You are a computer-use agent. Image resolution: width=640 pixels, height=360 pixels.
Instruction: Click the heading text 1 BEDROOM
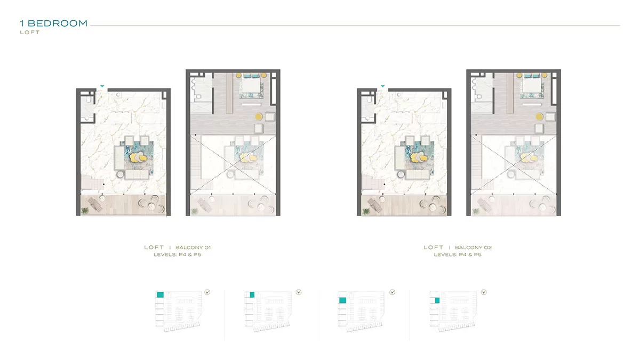53,23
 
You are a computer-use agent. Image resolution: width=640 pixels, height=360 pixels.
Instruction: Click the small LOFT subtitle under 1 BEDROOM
30,33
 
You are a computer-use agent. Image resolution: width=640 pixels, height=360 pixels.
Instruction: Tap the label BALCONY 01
193,247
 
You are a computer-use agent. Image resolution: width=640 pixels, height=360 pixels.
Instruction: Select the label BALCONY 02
473,247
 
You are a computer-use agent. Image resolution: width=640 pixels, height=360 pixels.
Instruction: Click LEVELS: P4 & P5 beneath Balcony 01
178,254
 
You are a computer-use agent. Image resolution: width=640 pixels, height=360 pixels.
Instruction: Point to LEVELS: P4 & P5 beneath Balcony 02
458,254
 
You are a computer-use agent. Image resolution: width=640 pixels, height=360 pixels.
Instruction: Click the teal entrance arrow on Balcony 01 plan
102,86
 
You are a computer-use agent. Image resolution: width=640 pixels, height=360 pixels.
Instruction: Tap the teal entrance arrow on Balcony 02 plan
383,86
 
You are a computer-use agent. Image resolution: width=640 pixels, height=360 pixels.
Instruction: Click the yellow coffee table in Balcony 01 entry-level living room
138,157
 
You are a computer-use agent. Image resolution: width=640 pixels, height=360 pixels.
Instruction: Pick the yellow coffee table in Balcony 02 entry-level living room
419,157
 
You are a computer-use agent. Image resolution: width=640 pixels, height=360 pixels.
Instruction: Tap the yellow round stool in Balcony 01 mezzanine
259,117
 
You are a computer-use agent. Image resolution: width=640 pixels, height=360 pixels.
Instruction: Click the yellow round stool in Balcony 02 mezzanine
539,117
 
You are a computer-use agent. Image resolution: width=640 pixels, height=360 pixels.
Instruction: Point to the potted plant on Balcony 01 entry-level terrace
85,211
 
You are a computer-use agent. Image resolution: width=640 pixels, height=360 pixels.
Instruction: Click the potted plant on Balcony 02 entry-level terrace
365,211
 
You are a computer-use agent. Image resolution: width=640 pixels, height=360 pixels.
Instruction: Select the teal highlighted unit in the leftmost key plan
161,294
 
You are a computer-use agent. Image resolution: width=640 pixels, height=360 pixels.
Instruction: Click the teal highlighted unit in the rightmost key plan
437,300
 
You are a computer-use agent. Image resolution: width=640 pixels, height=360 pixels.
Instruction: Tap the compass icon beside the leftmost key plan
207,292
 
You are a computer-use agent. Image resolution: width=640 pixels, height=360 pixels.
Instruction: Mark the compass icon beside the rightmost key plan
484,292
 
